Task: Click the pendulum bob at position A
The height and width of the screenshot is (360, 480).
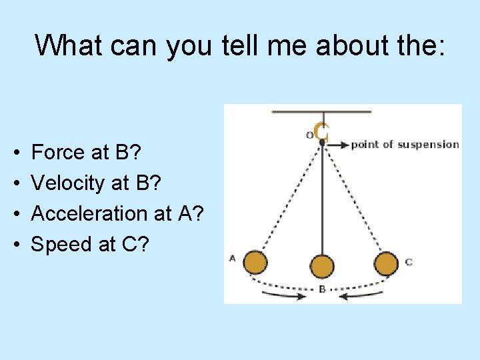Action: tap(255, 263)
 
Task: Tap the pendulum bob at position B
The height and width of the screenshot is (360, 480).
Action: tap(322, 266)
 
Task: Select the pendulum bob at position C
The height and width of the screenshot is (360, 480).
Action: tap(386, 263)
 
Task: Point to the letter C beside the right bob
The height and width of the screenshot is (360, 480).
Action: tap(409, 263)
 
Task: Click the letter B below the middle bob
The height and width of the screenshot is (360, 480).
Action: tap(322, 289)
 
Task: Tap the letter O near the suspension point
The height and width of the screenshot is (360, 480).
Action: tap(309, 135)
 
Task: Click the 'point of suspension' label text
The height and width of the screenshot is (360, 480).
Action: tap(405, 144)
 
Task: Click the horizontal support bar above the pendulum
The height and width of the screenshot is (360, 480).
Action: tap(321, 112)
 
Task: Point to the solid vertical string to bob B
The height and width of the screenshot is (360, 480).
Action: tap(322, 200)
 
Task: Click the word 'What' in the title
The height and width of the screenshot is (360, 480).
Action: tap(66, 45)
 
